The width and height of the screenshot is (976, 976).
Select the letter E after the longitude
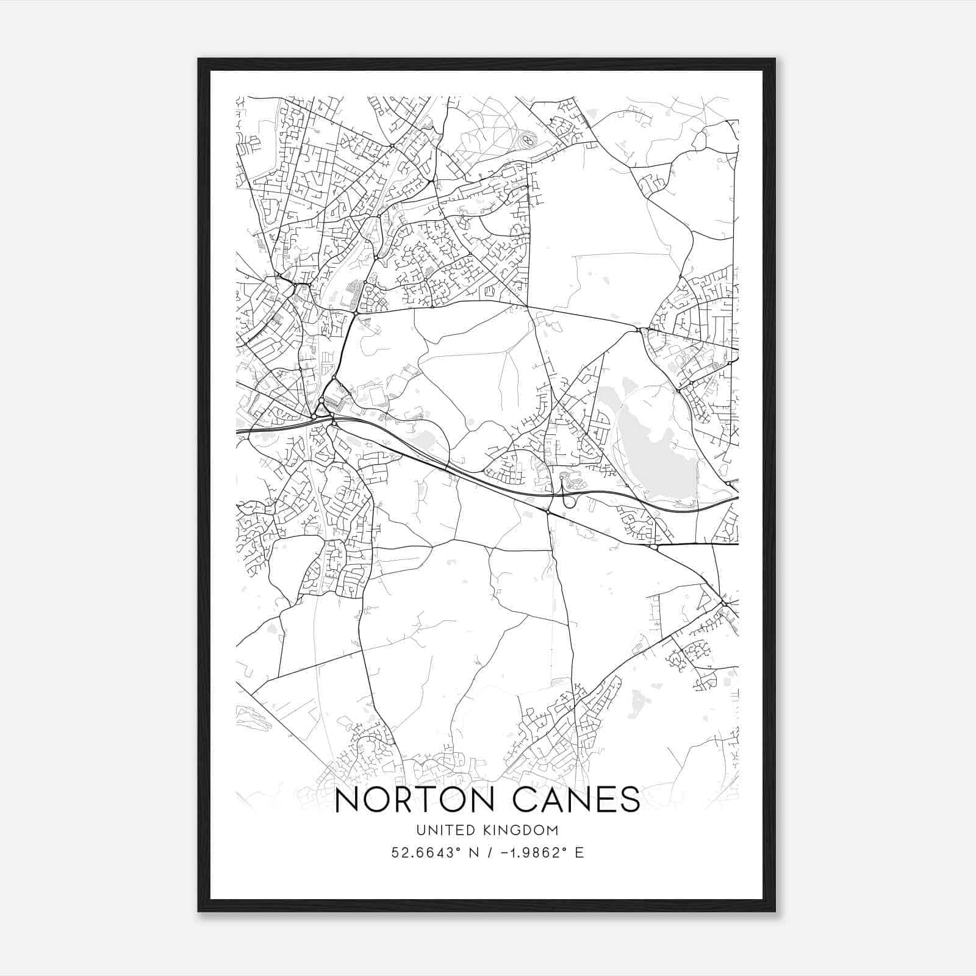click(x=579, y=852)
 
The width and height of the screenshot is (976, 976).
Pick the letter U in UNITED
click(x=420, y=830)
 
